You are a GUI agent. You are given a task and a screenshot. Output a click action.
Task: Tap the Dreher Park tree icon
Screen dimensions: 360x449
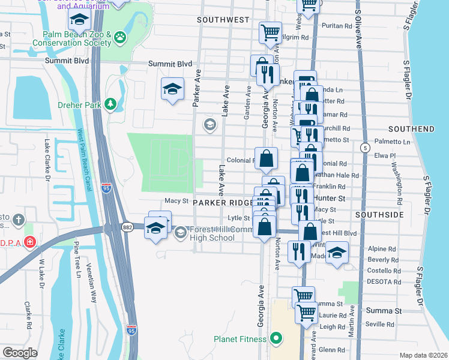click(x=110, y=104)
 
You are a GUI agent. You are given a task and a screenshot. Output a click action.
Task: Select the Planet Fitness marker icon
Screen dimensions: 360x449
click(x=276, y=339)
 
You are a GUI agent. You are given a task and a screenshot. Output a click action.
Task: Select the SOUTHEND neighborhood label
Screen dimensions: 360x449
click(x=411, y=129)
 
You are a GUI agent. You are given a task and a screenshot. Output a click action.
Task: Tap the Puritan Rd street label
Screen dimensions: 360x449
click(x=337, y=26)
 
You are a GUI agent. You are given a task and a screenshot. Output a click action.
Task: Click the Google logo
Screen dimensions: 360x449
click(x=20, y=353)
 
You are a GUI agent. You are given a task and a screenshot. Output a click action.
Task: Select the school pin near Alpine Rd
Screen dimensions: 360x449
click(x=337, y=253)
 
